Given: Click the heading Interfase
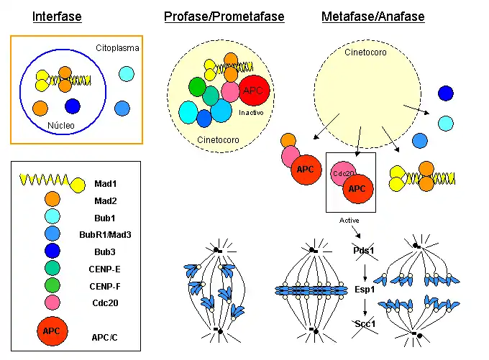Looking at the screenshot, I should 57,16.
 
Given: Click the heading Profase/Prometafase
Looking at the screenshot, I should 224,16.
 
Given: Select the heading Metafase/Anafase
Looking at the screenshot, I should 373,16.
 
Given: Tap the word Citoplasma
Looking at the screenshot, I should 117,48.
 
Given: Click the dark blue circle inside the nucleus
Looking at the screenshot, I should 72,106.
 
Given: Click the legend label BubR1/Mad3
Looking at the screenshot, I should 117,234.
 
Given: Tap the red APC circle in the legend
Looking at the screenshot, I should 51,331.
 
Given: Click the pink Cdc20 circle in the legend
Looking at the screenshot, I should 52,303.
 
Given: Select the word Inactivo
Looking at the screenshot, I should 251,112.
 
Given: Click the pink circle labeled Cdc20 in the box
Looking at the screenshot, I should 343,173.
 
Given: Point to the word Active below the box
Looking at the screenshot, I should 349,220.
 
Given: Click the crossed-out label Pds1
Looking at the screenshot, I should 365,250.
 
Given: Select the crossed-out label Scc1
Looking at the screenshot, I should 365,324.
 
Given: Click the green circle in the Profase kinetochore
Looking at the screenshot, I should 197,86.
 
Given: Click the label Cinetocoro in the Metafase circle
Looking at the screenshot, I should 363,52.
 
